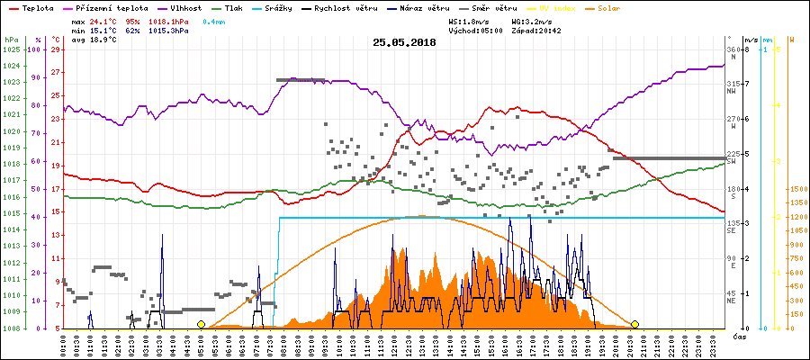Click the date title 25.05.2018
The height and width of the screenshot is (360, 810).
404,42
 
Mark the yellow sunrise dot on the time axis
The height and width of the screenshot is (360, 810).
201,324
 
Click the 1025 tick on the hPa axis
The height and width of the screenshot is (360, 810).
11,49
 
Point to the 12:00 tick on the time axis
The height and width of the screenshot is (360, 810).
396,345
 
